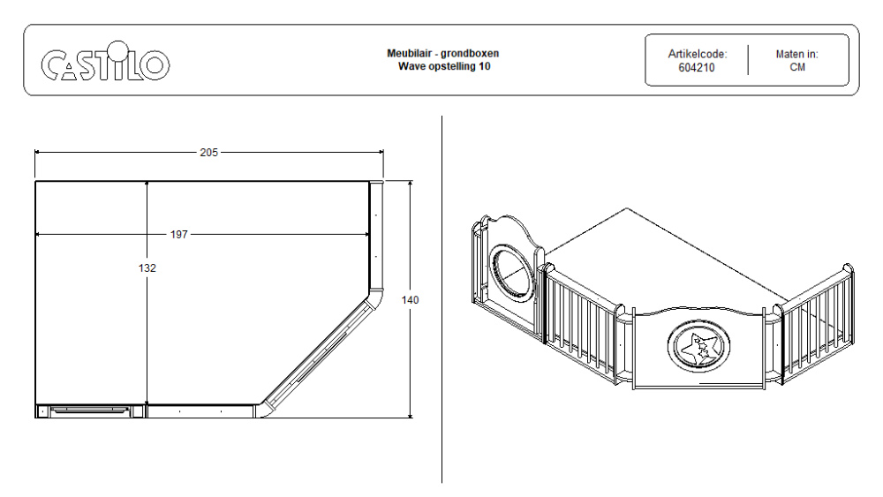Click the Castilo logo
pyautogui.click(x=105, y=61)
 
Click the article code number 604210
pyautogui.click(x=696, y=68)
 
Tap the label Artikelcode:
pyautogui.click(x=698, y=54)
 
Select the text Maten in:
pyautogui.click(x=796, y=54)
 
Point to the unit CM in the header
pyautogui.click(x=797, y=67)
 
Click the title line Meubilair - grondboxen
pyautogui.click(x=442, y=54)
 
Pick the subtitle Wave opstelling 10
pyautogui.click(x=444, y=66)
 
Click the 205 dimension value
pyautogui.click(x=209, y=153)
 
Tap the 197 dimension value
pyautogui.click(x=179, y=234)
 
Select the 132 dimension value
pyautogui.click(x=147, y=267)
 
